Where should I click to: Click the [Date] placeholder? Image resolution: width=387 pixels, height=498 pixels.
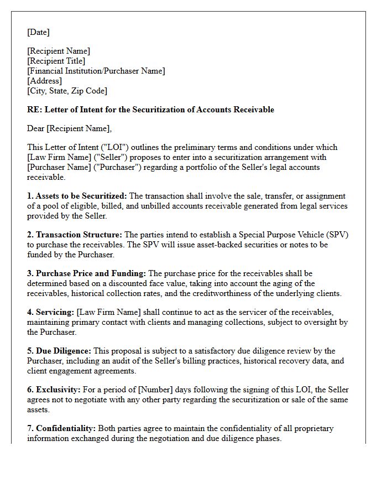click(38, 32)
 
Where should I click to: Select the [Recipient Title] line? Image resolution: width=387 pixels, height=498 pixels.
click(56, 61)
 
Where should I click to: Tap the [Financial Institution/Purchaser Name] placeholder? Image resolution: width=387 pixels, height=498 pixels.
click(96, 71)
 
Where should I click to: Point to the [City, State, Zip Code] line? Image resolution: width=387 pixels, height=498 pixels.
click(67, 91)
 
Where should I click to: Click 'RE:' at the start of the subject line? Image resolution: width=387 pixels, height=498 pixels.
click(34, 110)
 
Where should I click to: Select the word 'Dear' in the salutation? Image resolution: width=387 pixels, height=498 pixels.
click(35, 129)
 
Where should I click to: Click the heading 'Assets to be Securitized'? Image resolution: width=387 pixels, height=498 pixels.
click(81, 196)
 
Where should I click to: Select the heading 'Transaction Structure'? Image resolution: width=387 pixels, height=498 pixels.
click(79, 235)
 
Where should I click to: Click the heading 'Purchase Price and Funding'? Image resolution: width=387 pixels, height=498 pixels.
click(91, 274)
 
